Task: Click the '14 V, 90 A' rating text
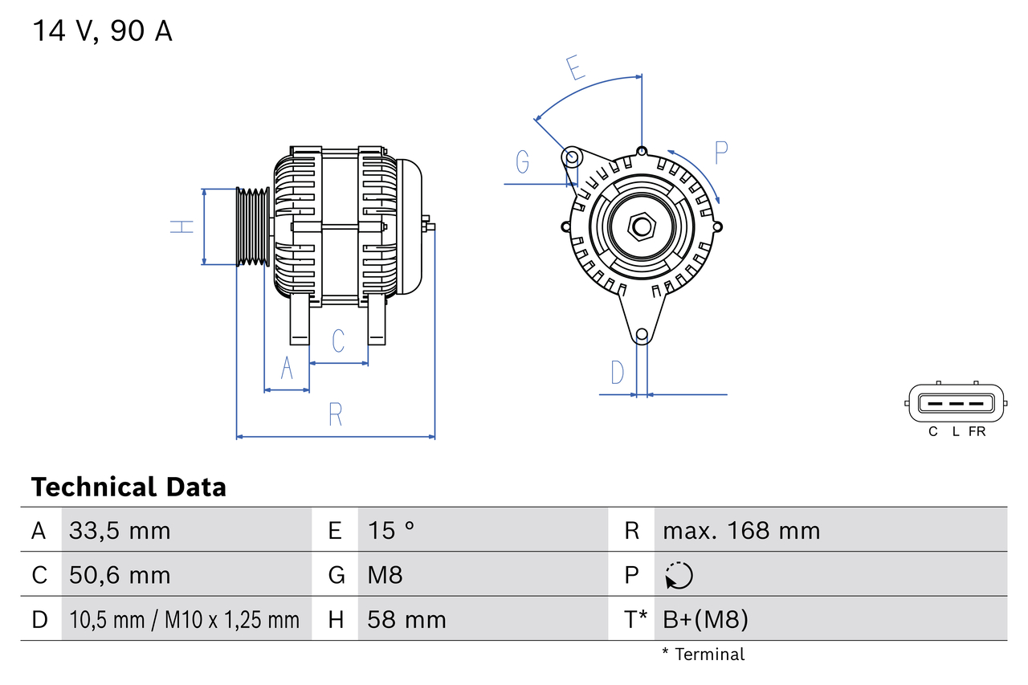[x=102, y=31]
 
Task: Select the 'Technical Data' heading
[x=128, y=487]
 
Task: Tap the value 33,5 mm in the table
[x=120, y=530]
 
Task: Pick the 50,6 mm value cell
[x=120, y=575]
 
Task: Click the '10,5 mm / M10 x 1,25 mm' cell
[x=185, y=619]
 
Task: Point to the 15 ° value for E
[x=391, y=530]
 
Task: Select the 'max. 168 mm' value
[x=741, y=530]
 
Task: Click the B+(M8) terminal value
[x=705, y=619]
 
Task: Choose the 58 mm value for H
[x=406, y=619]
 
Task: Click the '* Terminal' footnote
[x=704, y=654]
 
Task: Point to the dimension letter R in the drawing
[x=336, y=414]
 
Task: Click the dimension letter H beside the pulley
[x=183, y=226]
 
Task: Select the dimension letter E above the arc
[x=574, y=68]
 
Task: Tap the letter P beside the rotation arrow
[x=721, y=152]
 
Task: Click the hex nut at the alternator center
[x=641, y=226]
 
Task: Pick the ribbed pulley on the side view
[x=253, y=226]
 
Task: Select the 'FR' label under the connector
[x=977, y=431]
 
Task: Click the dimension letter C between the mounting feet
[x=338, y=340]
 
